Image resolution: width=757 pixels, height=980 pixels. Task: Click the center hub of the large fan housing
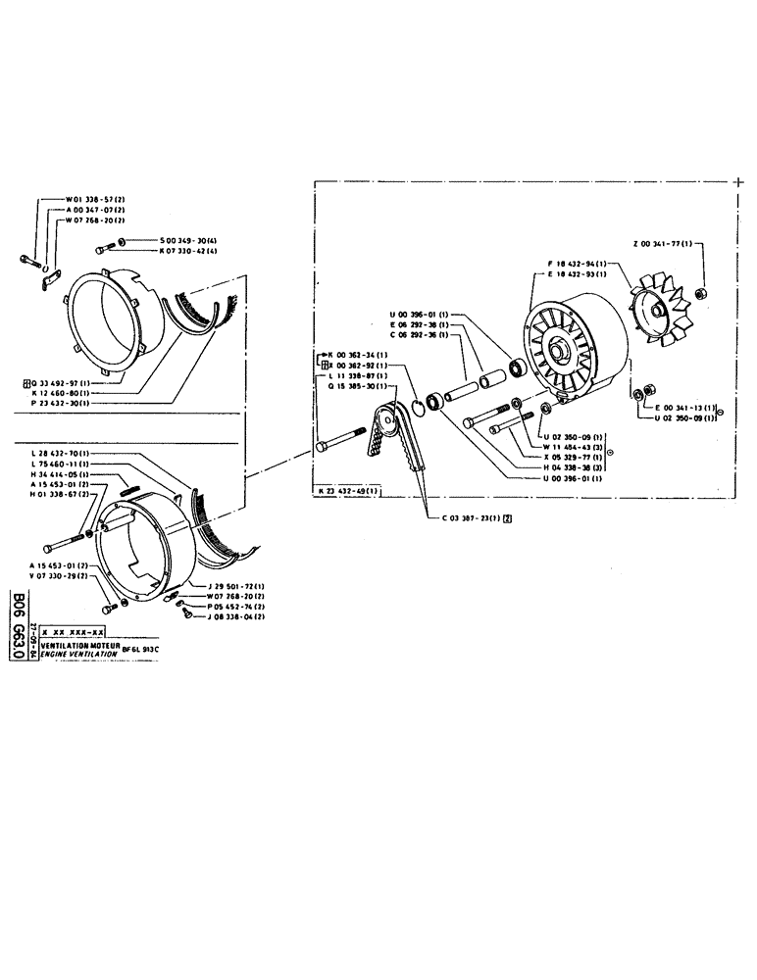[562, 349]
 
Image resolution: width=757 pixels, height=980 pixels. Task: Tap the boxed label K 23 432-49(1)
[349, 490]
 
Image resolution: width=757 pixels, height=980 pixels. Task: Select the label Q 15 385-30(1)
[355, 385]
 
